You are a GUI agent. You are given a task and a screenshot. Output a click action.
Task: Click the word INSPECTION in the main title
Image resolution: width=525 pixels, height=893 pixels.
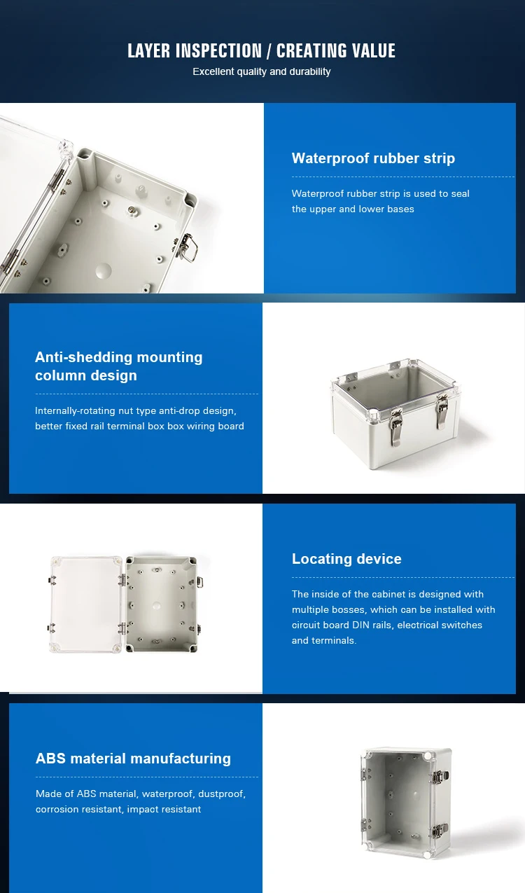218,51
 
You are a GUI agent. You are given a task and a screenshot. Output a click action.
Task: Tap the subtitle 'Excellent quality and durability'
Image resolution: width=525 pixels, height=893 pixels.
262,71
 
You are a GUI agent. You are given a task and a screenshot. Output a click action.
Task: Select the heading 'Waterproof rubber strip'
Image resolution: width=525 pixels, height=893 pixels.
373,158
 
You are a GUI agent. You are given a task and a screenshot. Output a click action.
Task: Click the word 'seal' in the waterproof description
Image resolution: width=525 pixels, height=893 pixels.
460,194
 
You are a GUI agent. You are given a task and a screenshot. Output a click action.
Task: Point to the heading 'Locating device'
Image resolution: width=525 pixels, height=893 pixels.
346,559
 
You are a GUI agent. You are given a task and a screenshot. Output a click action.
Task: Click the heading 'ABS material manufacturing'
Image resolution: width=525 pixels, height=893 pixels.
133,759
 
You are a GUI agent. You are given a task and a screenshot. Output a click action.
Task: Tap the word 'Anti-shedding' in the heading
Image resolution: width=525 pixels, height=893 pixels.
83,357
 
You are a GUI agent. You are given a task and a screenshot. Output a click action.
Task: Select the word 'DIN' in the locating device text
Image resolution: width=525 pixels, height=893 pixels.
360,625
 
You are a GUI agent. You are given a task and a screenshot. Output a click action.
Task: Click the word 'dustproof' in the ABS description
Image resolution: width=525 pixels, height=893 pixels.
221,794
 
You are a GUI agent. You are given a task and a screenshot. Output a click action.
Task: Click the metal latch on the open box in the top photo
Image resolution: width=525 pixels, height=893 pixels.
187,247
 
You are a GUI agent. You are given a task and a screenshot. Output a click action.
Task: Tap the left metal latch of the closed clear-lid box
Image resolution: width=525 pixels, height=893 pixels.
395,427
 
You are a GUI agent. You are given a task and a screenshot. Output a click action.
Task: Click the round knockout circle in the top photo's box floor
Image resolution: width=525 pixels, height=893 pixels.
104,271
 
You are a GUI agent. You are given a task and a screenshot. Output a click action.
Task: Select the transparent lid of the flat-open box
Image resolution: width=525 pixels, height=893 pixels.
86,604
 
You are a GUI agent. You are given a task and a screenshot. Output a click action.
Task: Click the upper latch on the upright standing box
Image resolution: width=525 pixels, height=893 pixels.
439,777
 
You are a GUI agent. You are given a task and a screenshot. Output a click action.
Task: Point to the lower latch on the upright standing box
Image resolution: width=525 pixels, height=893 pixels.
440,831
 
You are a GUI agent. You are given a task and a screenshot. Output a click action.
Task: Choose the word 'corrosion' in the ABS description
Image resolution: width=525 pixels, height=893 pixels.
54,809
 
